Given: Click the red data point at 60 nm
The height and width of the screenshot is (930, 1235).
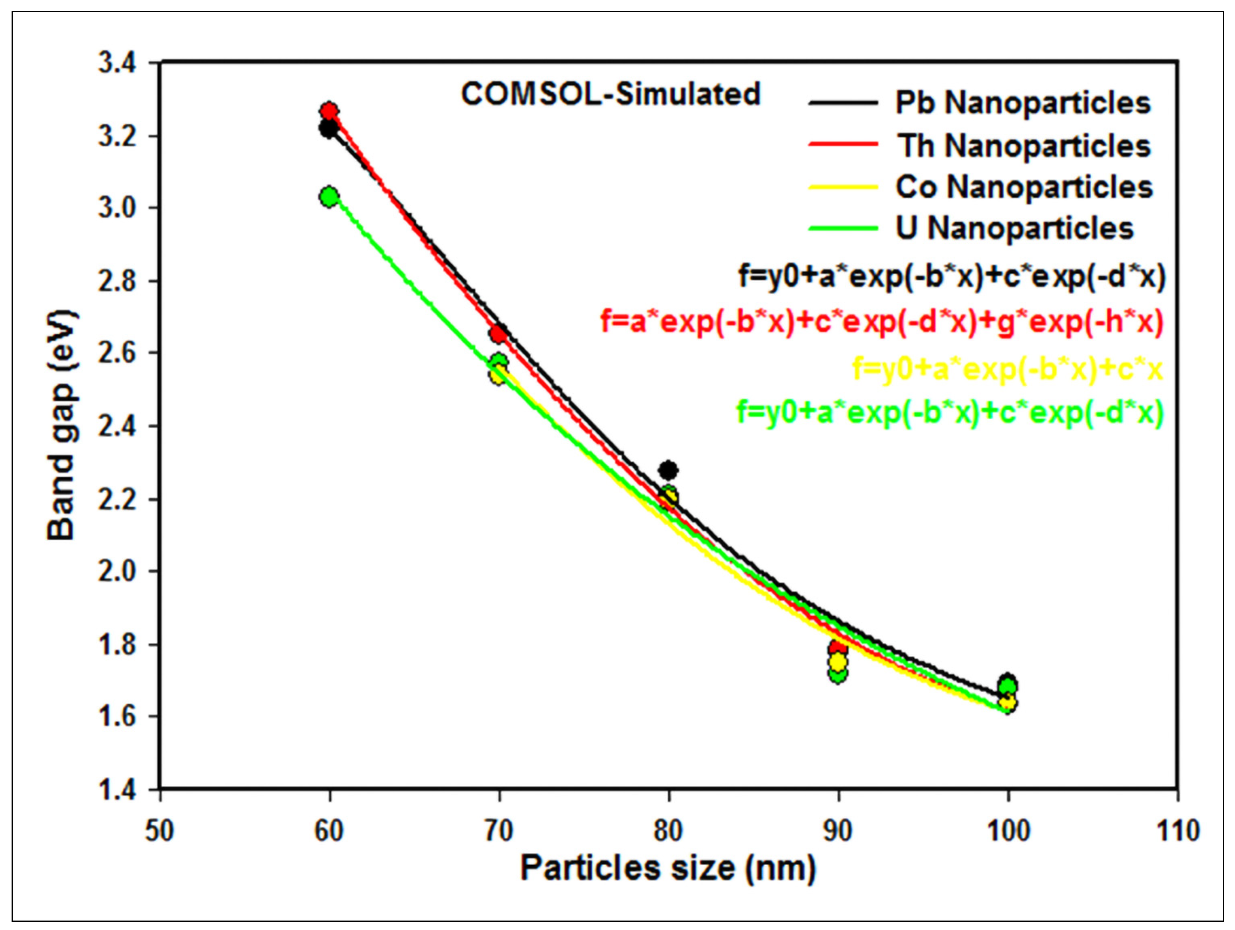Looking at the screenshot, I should click(x=329, y=111).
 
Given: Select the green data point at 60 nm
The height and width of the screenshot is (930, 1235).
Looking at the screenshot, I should click(x=329, y=197).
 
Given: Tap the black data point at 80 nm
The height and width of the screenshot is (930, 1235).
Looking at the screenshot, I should click(x=668, y=470).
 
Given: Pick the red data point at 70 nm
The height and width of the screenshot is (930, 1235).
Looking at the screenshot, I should click(x=498, y=334).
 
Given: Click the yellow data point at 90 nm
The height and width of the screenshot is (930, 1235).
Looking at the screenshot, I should click(x=837, y=662).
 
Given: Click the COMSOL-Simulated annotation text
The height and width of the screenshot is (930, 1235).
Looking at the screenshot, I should click(x=610, y=94).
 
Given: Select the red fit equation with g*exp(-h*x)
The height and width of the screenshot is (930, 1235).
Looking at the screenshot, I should click(x=882, y=322).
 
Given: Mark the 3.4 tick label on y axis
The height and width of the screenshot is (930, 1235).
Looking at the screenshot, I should click(x=117, y=63).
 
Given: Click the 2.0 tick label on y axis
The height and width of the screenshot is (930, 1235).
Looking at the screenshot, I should click(x=117, y=571).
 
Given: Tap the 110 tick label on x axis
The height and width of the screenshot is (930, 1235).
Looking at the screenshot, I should click(x=1178, y=831).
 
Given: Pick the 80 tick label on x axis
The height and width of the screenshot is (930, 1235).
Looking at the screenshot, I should click(x=668, y=831).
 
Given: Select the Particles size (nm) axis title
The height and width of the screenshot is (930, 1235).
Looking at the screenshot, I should click(x=668, y=868).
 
